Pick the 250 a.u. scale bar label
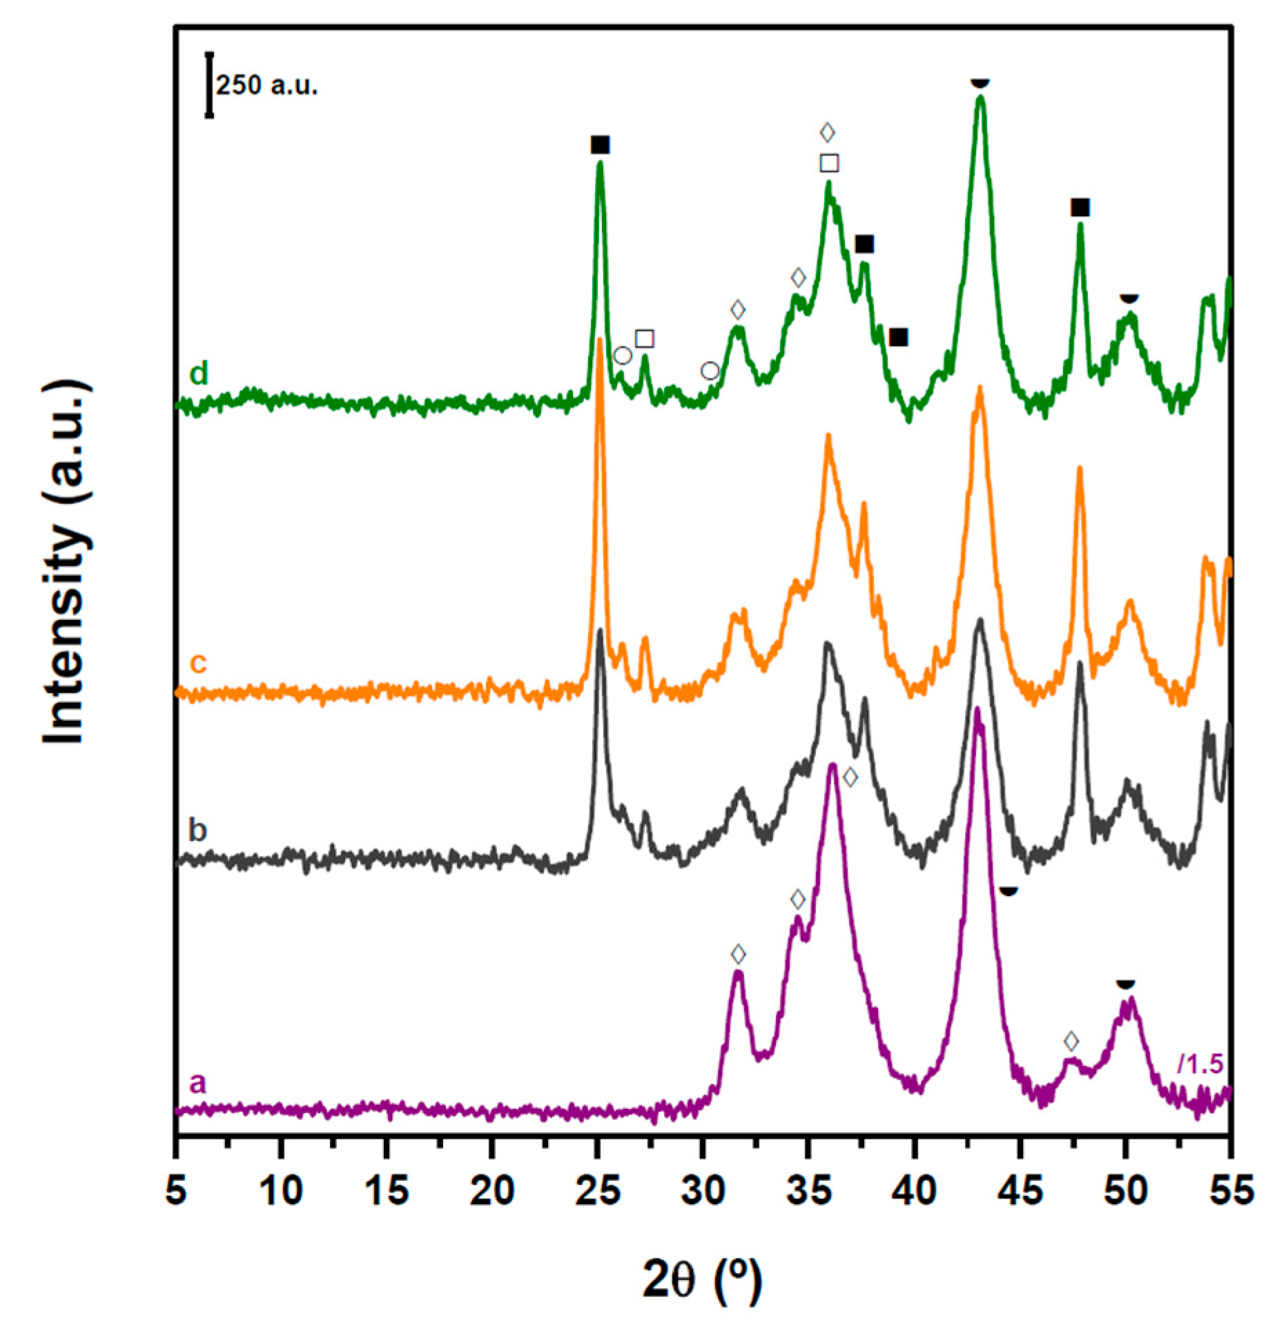266,86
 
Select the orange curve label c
198,663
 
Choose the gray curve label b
198,830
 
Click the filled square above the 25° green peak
601,145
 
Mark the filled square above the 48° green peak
1080,207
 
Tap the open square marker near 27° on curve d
644,338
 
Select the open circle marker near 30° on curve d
710,371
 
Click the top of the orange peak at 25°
600,340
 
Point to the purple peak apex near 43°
977,709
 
